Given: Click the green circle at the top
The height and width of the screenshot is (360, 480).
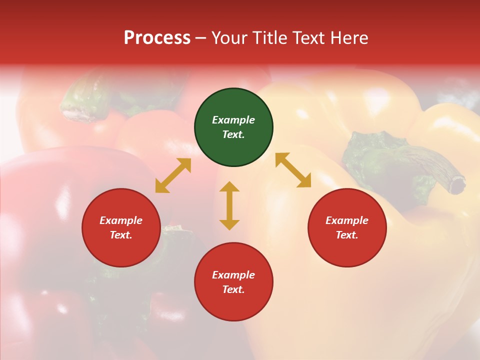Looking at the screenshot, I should click(x=233, y=127).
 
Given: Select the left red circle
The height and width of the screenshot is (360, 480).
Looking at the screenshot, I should click(x=121, y=227).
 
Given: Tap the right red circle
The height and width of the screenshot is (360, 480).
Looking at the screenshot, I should click(x=347, y=227).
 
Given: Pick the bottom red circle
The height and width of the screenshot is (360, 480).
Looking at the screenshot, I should click(x=233, y=282).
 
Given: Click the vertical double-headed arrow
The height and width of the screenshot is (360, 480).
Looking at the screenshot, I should click(x=229, y=205).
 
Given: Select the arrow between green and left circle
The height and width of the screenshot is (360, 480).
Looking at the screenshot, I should click(x=173, y=175).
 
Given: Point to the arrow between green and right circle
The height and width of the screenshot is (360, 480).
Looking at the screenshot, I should click(x=293, y=170).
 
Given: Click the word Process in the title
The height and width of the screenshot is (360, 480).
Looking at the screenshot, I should click(x=157, y=38).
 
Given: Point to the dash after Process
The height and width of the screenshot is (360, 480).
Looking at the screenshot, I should click(x=200, y=38).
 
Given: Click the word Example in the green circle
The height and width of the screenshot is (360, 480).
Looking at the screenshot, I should click(x=233, y=120).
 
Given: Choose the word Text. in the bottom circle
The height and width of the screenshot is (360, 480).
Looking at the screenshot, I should click(x=233, y=289).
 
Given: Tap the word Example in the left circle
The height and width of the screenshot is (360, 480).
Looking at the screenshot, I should click(x=121, y=220).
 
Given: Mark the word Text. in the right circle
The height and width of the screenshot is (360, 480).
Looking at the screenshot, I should click(x=347, y=235).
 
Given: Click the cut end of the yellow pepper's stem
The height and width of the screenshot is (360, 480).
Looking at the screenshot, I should click(x=457, y=185).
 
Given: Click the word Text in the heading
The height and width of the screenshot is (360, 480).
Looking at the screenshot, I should click(x=309, y=38).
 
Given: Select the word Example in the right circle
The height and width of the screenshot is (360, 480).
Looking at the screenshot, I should click(x=347, y=220).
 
